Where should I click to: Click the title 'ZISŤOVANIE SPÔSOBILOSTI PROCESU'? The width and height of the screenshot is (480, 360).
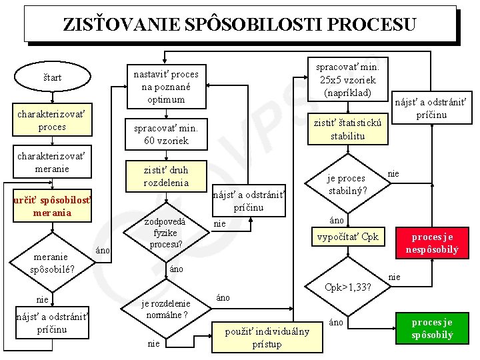point(239,25)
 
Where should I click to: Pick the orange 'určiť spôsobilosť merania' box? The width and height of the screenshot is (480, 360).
point(53,207)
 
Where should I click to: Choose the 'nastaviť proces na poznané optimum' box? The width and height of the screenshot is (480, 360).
point(166,87)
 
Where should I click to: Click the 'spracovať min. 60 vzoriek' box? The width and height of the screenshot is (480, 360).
point(166,134)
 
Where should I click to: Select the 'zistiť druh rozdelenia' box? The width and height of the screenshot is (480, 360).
point(166,177)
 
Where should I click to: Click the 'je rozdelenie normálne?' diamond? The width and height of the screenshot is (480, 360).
point(166,308)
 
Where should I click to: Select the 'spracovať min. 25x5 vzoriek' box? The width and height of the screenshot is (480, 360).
point(347,79)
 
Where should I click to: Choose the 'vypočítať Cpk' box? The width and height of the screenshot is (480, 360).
point(347,237)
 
